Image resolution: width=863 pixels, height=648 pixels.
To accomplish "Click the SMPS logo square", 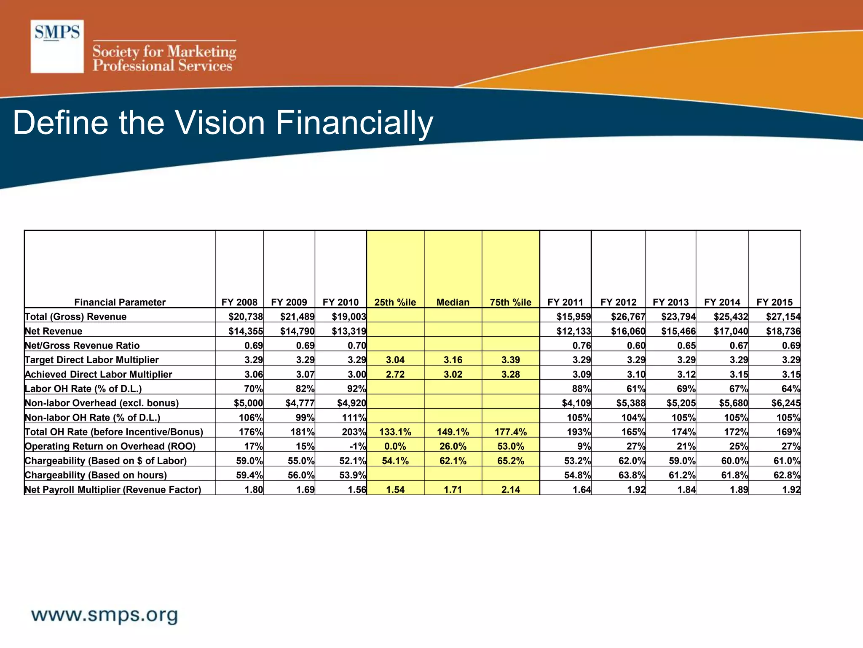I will tap(57, 46).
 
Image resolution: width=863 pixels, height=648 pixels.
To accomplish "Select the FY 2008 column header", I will tap(239, 302).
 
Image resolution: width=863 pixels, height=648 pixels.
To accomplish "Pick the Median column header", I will tap(453, 302).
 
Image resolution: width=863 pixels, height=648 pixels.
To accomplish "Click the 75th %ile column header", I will tap(510, 302).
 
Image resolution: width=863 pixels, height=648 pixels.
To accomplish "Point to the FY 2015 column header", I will tap(775, 302).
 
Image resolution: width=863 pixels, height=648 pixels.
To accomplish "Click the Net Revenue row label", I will tap(54, 331).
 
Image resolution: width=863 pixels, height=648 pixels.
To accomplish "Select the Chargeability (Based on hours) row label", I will tap(96, 475).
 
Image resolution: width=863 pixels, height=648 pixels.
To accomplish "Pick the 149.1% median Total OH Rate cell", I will tap(453, 432).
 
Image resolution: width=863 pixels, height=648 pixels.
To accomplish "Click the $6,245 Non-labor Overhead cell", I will tap(785, 403).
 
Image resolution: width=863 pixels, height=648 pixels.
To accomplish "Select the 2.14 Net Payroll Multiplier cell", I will tap(510, 489).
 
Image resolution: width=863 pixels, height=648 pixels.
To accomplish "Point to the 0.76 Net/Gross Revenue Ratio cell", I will tap(582, 346).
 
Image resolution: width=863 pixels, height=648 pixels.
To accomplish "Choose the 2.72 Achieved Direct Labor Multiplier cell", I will tap(395, 374).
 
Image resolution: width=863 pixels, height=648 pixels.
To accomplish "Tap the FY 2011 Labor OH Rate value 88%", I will tap(581, 389).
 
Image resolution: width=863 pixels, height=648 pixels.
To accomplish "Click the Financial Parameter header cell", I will tap(120, 302).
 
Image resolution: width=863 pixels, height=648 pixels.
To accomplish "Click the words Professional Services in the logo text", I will tap(162, 66).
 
